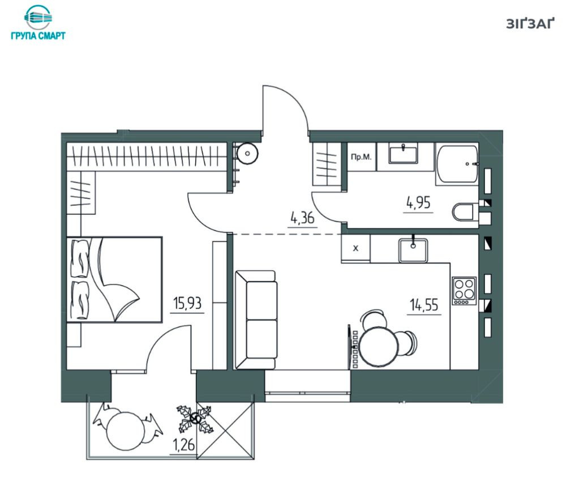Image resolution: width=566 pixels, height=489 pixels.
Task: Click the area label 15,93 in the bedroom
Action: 187,303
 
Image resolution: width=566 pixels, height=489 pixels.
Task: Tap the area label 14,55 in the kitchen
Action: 424,305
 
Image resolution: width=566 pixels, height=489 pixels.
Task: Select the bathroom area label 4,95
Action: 418,203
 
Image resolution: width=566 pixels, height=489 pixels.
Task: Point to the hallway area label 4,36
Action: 302,218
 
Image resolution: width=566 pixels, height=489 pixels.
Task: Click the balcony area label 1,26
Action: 185,445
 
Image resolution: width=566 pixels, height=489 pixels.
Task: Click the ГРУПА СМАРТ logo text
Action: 38,36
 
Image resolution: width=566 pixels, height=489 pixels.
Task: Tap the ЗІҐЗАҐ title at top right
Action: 530,23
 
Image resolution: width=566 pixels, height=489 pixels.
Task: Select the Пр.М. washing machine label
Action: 361,157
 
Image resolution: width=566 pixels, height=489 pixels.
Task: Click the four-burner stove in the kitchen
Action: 464,291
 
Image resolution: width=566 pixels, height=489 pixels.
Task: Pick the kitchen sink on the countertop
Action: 413,250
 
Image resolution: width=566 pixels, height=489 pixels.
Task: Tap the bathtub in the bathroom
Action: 457,164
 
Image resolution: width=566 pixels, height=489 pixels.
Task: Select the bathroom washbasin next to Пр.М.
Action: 403,153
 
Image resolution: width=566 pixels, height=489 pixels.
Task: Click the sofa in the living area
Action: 256,320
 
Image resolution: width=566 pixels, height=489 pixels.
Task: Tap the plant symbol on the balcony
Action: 195,419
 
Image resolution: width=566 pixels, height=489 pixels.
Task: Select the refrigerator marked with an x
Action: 355,248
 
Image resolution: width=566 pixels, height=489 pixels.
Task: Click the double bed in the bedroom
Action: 114,279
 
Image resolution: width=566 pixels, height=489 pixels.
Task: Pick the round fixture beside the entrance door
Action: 247,153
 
